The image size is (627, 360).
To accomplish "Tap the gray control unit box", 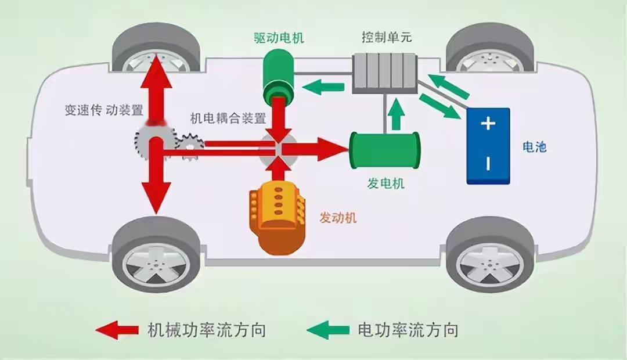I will pos(384,74).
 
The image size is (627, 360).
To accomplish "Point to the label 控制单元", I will pos(386,38).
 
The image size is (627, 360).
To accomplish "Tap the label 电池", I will pos(534,147).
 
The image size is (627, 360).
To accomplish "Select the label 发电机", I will pos(385,184).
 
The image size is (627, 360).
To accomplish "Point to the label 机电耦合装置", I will pos(228,118).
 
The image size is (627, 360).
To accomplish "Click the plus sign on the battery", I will pos(488,124).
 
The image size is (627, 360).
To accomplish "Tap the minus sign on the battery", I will pos(488,164).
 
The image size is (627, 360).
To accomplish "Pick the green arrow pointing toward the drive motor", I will pos(322,88).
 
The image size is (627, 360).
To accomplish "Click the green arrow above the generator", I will pos(397,113).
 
